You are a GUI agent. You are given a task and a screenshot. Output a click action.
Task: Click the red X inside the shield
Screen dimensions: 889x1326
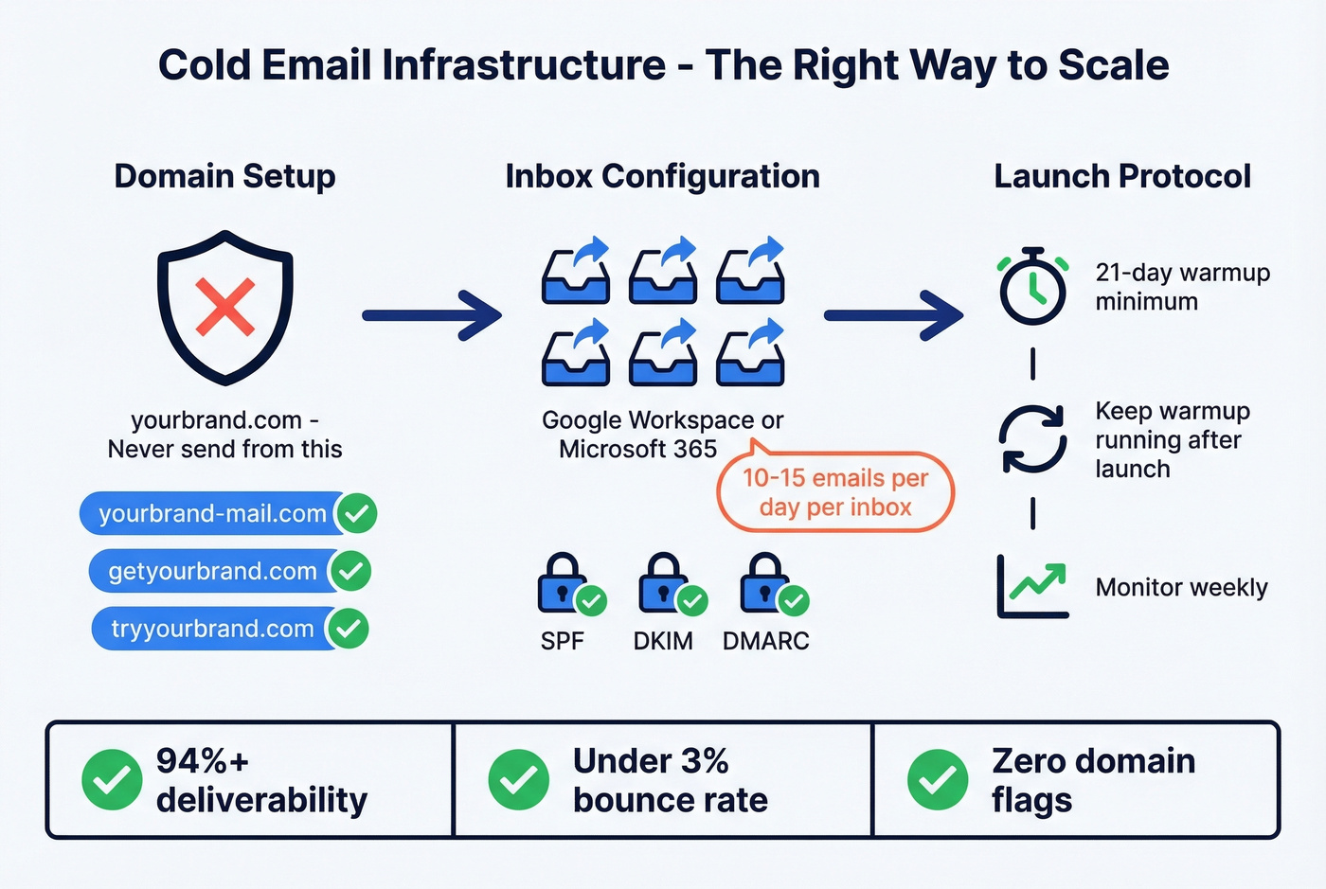tap(225, 308)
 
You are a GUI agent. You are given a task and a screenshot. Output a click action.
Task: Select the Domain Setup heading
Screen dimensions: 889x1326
tap(224, 176)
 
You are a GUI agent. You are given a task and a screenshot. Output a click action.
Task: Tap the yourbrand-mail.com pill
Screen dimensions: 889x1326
tap(212, 513)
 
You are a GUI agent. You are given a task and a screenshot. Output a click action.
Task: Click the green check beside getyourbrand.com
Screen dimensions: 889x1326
tap(351, 571)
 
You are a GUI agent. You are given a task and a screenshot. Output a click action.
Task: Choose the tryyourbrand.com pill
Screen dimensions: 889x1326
tap(212, 629)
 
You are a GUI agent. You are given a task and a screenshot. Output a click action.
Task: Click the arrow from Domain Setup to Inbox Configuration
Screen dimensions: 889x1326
tap(432, 314)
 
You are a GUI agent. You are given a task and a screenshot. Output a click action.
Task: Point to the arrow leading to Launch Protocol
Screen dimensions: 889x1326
tap(893, 314)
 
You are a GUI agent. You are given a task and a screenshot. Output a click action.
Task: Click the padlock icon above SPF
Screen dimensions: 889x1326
tap(563, 583)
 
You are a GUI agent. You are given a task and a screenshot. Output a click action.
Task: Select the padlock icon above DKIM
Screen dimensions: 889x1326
tap(663, 583)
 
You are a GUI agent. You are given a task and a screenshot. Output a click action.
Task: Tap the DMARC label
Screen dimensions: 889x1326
tap(765, 641)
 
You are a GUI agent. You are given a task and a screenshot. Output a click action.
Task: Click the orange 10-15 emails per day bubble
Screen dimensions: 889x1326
tap(834, 492)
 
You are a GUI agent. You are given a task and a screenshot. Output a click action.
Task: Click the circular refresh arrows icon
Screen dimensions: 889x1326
tap(1032, 439)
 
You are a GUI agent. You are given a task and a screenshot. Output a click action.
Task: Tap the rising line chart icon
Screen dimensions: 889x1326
tap(1032, 587)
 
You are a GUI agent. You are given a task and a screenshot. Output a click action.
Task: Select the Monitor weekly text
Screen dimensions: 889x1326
tap(1181, 588)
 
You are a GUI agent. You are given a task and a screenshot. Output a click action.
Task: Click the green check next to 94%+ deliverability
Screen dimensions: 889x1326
tap(112, 780)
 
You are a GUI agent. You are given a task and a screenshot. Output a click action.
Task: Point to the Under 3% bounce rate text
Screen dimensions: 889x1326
tap(670, 780)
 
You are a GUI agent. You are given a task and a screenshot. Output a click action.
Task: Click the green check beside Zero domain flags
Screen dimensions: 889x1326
tap(938, 780)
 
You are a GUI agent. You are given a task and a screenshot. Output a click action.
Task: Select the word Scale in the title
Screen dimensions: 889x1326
tap(1113, 65)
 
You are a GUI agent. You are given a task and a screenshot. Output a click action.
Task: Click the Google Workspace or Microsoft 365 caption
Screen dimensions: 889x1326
tap(662, 435)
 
